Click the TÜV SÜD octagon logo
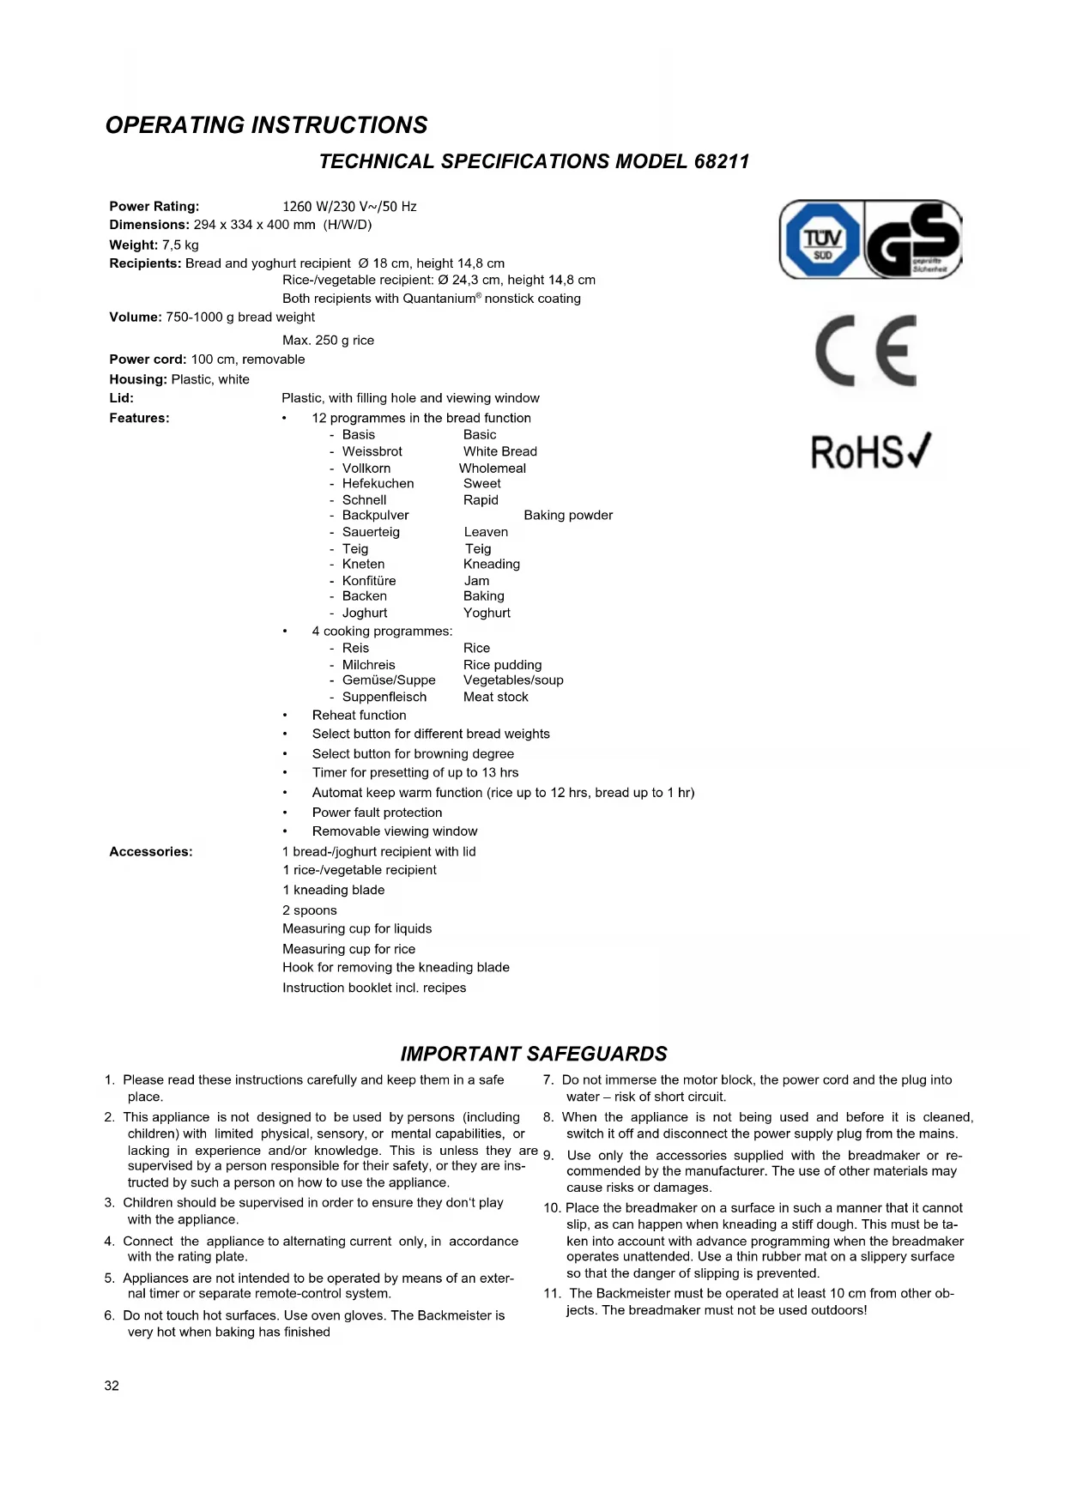point(822,240)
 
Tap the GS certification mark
point(912,240)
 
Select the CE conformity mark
point(866,350)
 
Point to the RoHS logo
point(870,452)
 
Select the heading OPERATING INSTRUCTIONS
point(266,125)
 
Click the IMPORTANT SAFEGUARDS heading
point(533,1054)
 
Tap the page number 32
point(112,1386)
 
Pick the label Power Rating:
point(154,207)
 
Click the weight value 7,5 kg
point(180,245)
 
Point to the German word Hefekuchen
point(378,484)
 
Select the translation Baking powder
point(568,516)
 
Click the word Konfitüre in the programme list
point(369,581)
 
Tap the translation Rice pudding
point(502,665)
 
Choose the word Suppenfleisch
point(384,698)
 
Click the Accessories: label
point(151,852)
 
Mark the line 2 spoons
point(310,910)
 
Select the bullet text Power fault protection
point(377,813)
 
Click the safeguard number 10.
point(551,1208)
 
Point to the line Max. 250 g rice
point(328,341)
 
